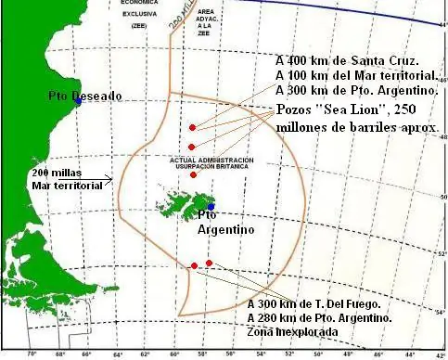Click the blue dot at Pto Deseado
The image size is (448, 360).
80,102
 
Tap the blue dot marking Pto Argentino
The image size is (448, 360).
211,207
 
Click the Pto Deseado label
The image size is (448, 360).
84,95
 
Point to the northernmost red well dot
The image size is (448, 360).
192,127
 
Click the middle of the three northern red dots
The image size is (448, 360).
191,147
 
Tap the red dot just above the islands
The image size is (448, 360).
193,174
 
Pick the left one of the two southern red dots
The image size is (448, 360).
193,266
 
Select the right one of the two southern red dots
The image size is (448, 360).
210,264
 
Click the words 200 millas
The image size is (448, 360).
53,174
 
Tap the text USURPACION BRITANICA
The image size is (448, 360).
211,167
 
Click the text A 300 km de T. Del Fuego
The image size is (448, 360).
315,303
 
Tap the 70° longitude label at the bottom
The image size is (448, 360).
32,354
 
